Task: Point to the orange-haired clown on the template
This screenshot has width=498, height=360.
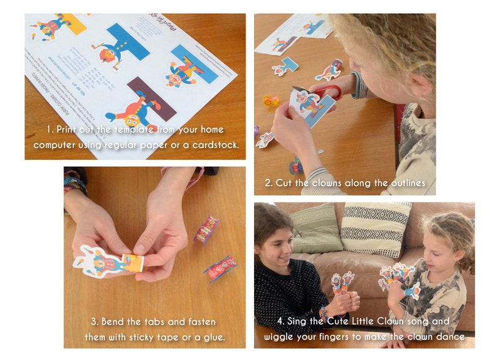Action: (109, 55)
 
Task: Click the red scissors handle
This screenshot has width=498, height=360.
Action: (331, 92)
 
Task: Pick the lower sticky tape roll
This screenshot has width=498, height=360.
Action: (220, 268)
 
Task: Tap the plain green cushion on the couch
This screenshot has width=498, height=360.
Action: (316, 228)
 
